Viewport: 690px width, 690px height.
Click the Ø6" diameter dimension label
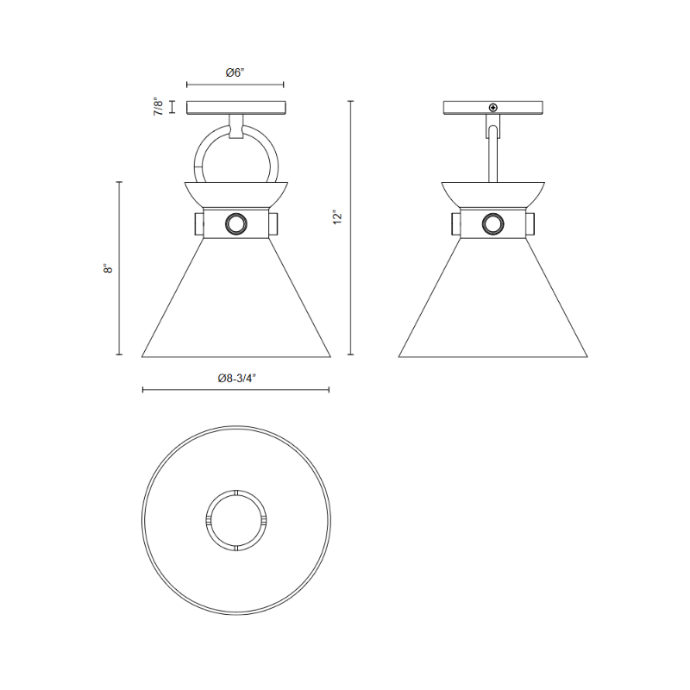[235, 72]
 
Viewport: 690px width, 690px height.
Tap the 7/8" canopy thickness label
[158, 106]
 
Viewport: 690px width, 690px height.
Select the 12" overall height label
[337, 217]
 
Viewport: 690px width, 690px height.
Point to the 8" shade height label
[108, 268]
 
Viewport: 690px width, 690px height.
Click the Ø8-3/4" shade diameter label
[236, 378]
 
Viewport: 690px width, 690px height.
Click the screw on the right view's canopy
[493, 107]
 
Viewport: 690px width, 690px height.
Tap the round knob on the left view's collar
[236, 224]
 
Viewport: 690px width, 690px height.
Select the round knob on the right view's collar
[492, 224]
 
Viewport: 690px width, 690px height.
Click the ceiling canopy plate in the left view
[236, 108]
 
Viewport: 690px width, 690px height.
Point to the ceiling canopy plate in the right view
[492, 108]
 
